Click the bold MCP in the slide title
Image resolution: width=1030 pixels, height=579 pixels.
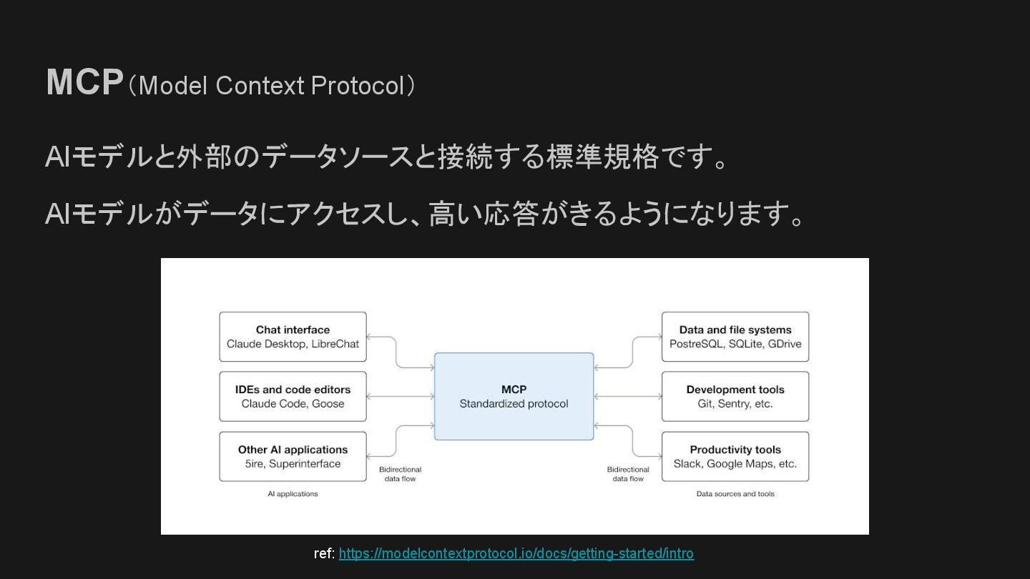point(84,83)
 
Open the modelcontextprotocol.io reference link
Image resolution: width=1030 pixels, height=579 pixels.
point(516,553)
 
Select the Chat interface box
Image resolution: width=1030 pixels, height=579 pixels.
point(293,337)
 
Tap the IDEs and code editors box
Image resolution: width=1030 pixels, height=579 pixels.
point(293,397)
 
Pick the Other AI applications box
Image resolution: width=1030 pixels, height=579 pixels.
point(293,457)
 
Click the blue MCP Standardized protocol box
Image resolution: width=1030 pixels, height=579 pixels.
point(514,397)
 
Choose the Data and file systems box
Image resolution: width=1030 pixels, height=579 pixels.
point(735,337)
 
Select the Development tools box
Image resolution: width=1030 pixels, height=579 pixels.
point(735,397)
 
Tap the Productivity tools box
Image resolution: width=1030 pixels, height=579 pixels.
point(735,457)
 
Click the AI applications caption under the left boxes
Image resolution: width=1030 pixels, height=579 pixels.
point(293,494)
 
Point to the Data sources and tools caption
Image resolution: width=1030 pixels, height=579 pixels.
point(735,494)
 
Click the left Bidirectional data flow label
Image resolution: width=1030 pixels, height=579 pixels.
point(400,474)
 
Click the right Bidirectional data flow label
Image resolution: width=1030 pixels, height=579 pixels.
point(628,474)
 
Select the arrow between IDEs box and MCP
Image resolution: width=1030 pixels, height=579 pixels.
point(401,397)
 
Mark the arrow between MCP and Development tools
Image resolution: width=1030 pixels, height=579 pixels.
point(627,397)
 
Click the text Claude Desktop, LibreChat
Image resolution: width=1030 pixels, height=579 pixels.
point(293,344)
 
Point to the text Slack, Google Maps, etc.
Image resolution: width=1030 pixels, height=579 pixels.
point(735,464)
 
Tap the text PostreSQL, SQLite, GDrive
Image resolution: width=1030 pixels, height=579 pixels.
point(735,344)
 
